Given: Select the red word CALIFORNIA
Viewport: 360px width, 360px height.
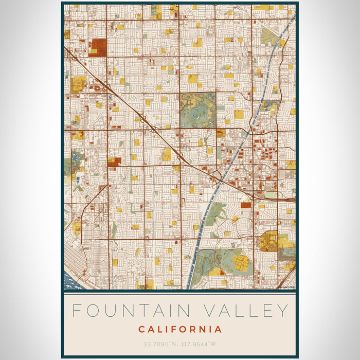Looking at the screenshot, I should pyautogui.click(x=180, y=329).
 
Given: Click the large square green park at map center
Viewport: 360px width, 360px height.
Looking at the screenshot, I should pyautogui.click(x=197, y=110).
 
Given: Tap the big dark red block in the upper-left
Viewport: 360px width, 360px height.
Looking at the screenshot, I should pyautogui.click(x=98, y=47).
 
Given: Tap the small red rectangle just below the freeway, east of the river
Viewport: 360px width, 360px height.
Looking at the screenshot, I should pyautogui.click(x=246, y=205).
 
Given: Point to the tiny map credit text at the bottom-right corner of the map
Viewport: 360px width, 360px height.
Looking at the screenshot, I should pyautogui.click(x=286, y=287).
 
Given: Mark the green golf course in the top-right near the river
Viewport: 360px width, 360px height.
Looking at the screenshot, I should pyautogui.click(x=268, y=37).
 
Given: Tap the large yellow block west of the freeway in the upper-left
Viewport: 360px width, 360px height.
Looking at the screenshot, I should pyautogui.click(x=78, y=83).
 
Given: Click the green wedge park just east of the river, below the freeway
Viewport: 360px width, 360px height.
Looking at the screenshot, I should pyautogui.click(x=216, y=211).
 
